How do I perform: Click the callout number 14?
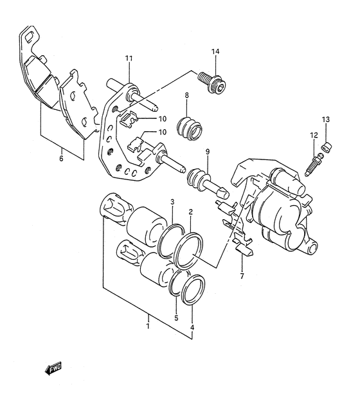tap(215, 51)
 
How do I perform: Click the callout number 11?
tap(129, 59)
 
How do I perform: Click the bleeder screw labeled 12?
tap(316, 162)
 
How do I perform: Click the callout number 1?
tap(147, 326)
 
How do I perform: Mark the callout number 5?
tap(175, 318)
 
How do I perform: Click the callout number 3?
tap(172, 203)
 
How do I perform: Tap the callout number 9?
tap(208, 152)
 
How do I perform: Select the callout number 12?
tap(314, 135)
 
